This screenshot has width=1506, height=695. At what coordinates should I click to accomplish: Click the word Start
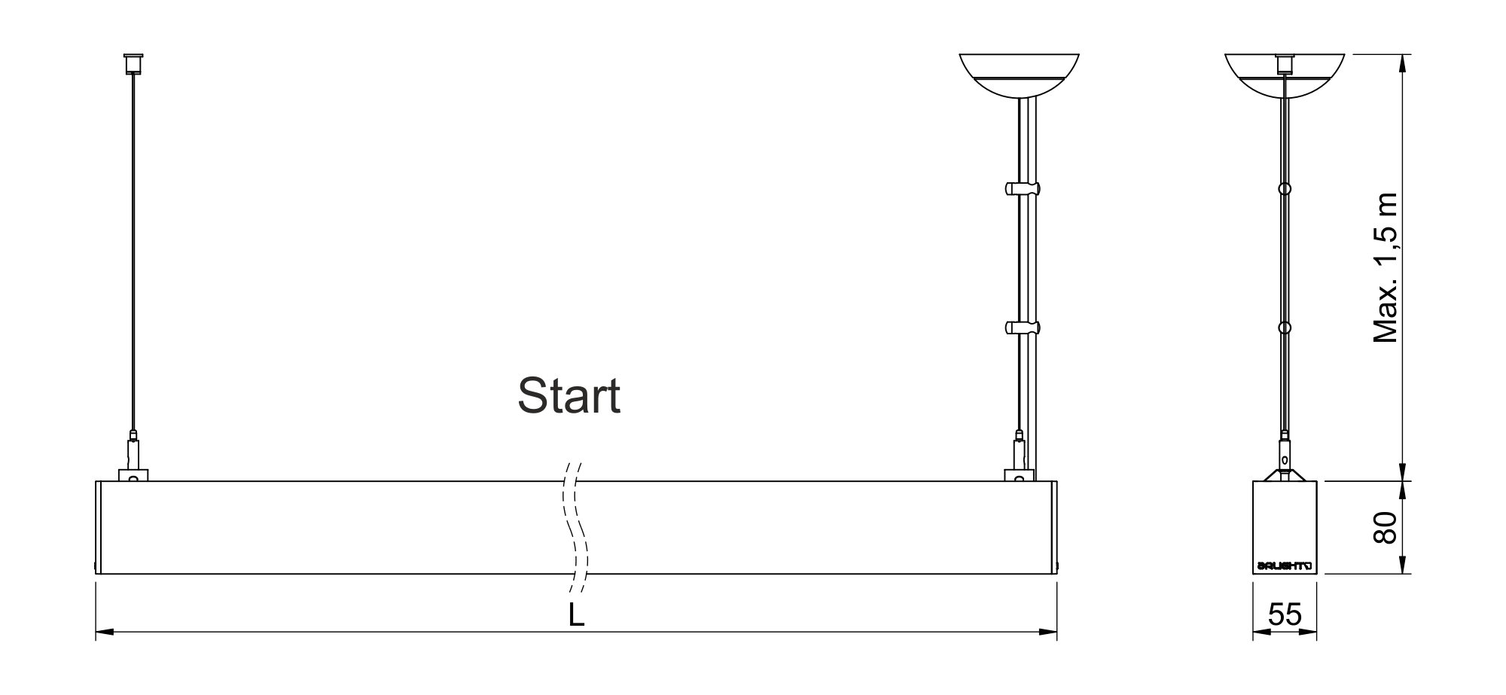tap(569, 396)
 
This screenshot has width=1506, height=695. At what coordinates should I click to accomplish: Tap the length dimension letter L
tap(576, 615)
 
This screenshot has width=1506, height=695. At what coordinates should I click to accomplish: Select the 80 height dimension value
tap(1385, 527)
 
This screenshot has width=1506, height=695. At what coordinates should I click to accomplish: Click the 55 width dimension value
tap(1285, 614)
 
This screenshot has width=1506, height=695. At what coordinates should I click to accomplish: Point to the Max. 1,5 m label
tap(1385, 268)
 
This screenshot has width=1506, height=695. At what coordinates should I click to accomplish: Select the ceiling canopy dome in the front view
tap(1019, 75)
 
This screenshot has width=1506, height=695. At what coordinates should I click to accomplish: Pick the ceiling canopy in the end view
tap(1285, 75)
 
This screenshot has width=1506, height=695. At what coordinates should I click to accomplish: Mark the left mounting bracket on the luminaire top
tap(133, 475)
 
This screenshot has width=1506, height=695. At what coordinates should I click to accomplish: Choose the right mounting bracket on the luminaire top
tap(1019, 475)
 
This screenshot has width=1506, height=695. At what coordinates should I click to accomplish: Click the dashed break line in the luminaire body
tap(576, 527)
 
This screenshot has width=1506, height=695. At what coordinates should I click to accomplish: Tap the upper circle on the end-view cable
tap(1285, 188)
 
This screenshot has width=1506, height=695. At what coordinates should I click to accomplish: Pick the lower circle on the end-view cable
tap(1285, 328)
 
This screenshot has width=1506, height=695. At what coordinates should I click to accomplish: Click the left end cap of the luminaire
tap(99, 527)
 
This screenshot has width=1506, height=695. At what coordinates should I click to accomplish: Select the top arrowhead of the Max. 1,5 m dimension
tap(1401, 62)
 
